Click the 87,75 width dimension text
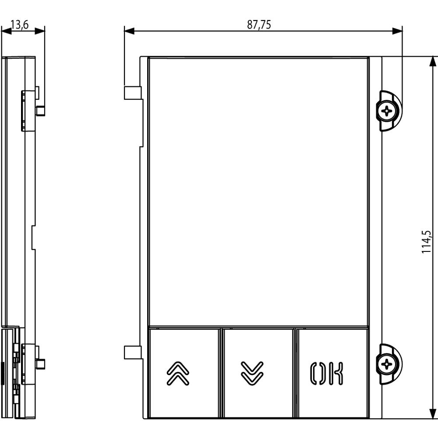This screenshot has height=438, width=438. [259, 25]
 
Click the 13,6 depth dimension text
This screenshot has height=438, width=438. [20, 25]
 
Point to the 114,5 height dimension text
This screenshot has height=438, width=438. [426, 242]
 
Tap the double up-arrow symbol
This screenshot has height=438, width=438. [178, 374]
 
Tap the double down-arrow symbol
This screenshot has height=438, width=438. [252, 374]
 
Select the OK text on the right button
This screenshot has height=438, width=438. [327, 374]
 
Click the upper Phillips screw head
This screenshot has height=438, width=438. [387, 111]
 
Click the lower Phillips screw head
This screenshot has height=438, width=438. [387, 364]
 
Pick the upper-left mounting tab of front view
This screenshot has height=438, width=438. [133, 93]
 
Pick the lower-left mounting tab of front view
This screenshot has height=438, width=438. [133, 352]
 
